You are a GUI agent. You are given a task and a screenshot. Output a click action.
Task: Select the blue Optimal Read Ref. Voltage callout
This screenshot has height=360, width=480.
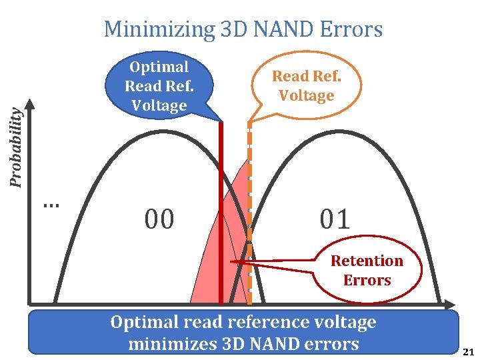(x=159, y=86)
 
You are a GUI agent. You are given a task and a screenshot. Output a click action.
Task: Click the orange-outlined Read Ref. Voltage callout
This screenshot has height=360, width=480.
(x=306, y=86)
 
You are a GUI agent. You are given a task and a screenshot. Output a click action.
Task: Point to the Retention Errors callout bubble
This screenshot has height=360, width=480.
(x=367, y=271)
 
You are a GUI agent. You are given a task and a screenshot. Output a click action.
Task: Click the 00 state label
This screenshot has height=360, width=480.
(x=159, y=219)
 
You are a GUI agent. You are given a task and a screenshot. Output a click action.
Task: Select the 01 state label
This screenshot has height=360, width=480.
(x=335, y=219)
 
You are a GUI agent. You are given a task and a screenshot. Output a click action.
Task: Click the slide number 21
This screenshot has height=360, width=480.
(x=468, y=352)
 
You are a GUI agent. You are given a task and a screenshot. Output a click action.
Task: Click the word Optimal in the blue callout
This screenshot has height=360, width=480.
(x=159, y=67)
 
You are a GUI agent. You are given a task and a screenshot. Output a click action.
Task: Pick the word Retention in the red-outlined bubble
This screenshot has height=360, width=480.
(x=367, y=261)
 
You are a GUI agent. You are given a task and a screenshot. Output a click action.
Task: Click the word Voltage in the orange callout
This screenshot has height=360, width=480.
(x=306, y=96)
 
